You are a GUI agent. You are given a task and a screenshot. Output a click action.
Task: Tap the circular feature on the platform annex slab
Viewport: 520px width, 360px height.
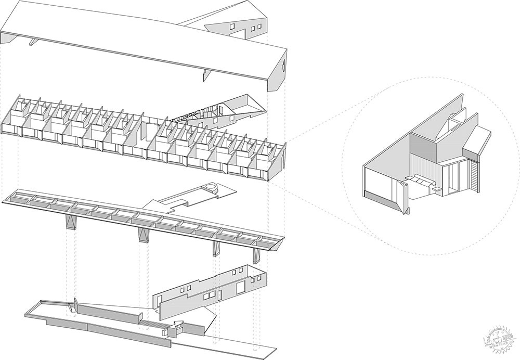tap(211, 188)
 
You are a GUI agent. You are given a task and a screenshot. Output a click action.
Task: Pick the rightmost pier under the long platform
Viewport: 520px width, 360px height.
tap(256, 255)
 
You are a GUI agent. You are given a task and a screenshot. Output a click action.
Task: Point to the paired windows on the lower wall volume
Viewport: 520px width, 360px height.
tap(209, 296)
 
